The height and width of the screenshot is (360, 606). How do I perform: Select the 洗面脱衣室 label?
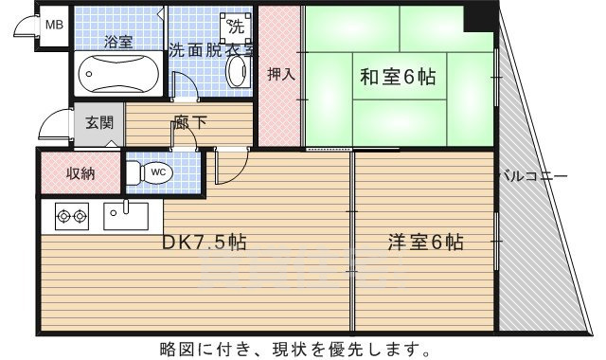tap(210, 50)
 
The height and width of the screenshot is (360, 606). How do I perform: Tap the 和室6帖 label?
tap(397, 79)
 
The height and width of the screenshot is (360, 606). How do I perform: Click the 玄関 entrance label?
tap(98, 122)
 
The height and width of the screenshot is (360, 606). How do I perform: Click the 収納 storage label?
tap(80, 172)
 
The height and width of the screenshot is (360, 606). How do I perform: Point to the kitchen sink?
tap(124, 214)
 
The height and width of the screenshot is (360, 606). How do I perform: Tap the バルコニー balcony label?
tap(533, 175)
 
